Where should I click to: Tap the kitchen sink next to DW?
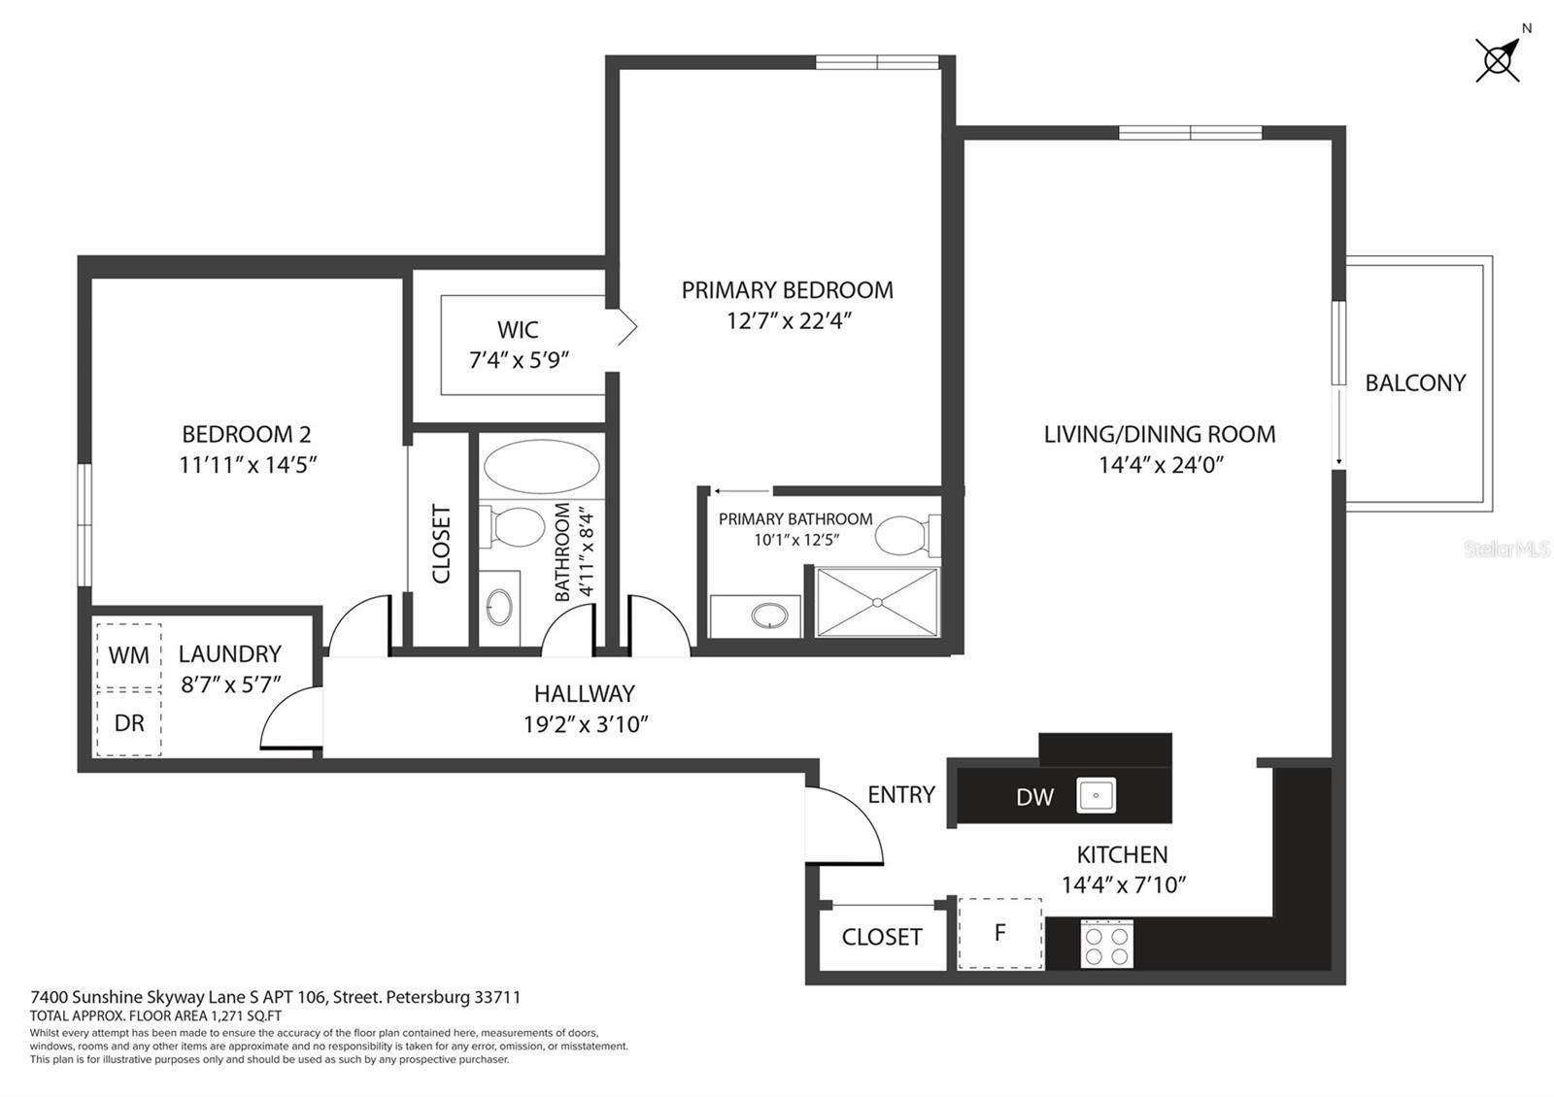(x=1097, y=795)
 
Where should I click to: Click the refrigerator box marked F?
(x=999, y=933)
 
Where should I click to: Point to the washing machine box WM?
(x=129, y=655)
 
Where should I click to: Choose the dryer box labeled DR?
(x=129, y=723)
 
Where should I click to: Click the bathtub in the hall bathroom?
(x=542, y=467)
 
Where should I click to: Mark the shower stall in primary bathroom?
(x=878, y=602)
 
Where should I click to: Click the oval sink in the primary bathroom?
(x=770, y=615)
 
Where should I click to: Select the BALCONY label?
(x=1415, y=382)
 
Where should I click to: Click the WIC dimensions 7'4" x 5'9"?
(x=519, y=360)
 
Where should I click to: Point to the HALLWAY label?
(x=584, y=693)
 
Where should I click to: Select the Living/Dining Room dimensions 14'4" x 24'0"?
(x=1161, y=465)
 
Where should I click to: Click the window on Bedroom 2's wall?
(x=84, y=525)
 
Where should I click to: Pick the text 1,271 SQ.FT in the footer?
(x=246, y=1016)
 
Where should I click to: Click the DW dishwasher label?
(x=1034, y=797)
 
